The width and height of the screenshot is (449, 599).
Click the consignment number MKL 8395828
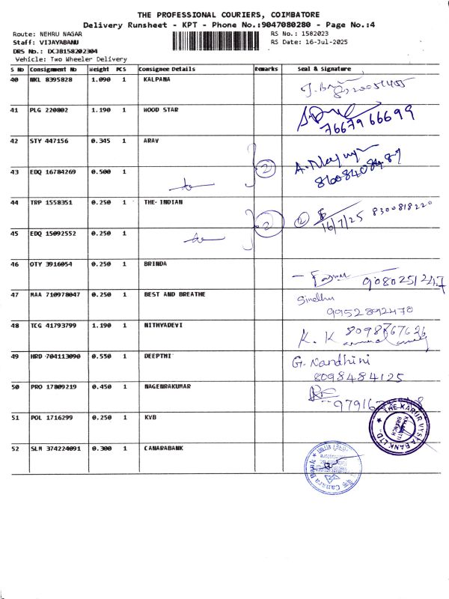click(x=51, y=79)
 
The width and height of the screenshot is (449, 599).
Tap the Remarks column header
click(x=266, y=69)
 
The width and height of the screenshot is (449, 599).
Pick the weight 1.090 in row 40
click(x=100, y=79)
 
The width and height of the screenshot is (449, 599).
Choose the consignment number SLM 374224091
click(x=57, y=449)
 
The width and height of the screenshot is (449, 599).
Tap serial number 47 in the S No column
click(x=15, y=295)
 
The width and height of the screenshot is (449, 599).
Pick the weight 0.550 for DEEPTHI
click(x=100, y=356)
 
